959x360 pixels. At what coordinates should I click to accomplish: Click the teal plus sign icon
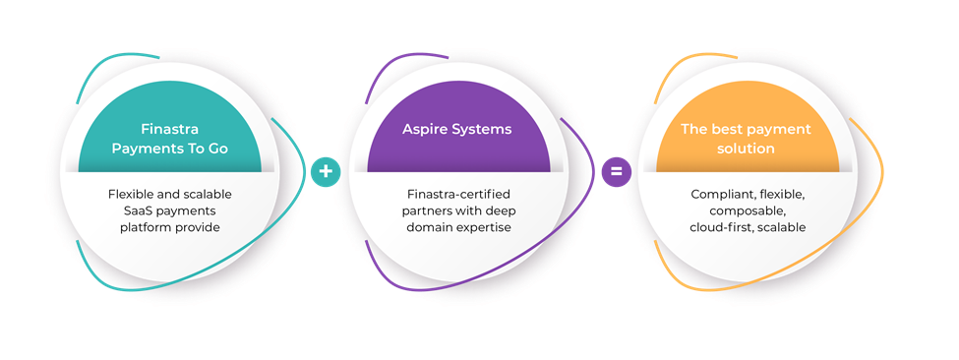click(326, 172)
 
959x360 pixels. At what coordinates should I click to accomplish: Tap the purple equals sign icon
click(616, 172)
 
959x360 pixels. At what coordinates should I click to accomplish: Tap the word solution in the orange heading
click(747, 149)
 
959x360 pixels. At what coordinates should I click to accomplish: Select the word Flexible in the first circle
click(134, 195)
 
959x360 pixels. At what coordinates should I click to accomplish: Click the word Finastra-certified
click(458, 195)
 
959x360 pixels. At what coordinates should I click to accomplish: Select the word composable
click(747, 211)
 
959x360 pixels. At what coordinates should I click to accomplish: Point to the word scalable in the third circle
click(784, 228)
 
